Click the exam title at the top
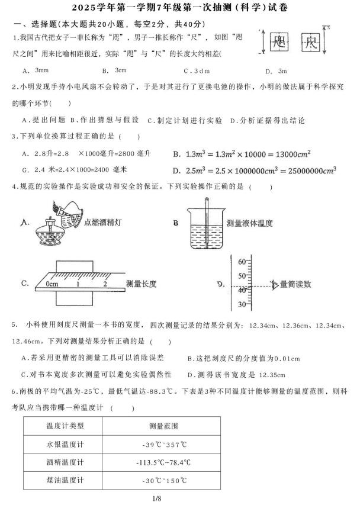[x=180, y=8]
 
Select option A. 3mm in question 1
[x=34, y=70]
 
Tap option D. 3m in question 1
[x=275, y=70]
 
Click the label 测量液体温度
[x=249, y=223]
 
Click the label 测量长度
[x=141, y=284]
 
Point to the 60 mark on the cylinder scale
[x=241, y=261]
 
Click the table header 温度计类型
[x=65, y=426]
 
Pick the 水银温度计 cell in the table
[x=65, y=444]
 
